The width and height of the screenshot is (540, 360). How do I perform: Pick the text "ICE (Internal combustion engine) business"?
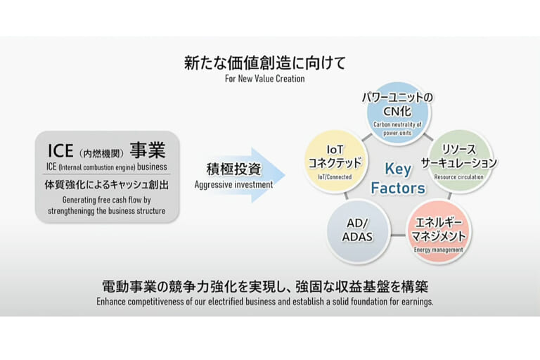(107, 167)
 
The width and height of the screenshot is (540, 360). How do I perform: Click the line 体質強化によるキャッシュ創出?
(107, 184)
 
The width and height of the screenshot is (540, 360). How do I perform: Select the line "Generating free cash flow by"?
(107, 200)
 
